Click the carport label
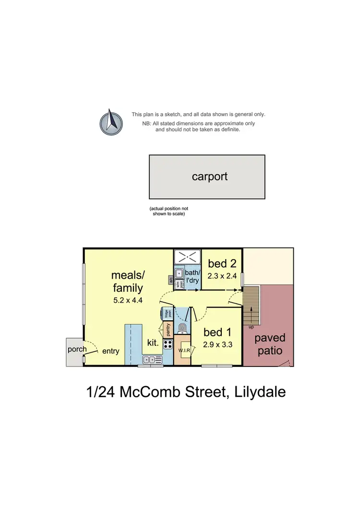point(209,176)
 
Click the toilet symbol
point(182,328)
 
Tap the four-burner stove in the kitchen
point(168,343)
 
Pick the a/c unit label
point(170,278)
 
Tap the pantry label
point(168,330)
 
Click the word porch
point(77,349)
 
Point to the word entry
point(110,351)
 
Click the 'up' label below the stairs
point(251,327)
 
